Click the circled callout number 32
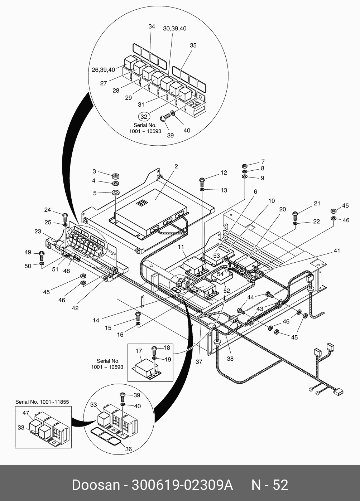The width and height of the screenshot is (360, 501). [144, 117]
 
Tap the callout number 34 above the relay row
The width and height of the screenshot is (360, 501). [152, 26]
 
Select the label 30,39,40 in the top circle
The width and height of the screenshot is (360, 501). [175, 29]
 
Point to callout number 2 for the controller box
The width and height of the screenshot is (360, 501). [176, 166]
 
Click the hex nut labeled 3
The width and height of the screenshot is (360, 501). [116, 176]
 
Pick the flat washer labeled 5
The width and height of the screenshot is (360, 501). [116, 193]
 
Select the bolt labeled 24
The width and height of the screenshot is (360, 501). [65, 216]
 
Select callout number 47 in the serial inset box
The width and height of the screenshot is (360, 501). [26, 413]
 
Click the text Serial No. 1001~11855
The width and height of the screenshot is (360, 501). [42, 402]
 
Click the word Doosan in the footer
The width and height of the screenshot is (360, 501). [95, 485]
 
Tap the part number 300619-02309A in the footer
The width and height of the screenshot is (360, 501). [182, 485]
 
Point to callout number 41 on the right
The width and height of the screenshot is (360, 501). [337, 251]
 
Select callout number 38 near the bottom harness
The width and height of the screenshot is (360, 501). [230, 358]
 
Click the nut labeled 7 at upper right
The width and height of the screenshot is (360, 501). [244, 166]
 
